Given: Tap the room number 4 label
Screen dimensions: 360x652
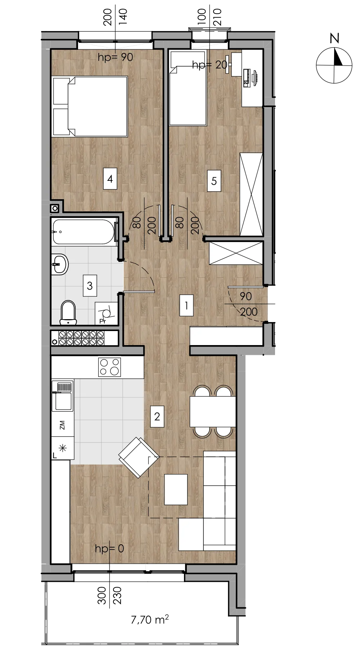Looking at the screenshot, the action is point(110,179).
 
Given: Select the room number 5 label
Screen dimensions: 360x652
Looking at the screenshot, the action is point(214,181).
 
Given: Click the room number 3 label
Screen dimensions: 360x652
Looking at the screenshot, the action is point(90,286).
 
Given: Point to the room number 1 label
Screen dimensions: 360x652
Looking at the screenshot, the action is point(186,305).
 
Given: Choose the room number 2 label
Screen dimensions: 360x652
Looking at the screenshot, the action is point(157,416).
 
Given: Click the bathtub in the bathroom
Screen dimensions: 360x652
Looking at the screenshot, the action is point(85,232).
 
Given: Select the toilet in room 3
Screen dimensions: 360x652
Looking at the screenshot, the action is point(68,312).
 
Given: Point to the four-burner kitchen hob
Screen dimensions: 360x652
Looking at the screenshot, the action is point(109,367).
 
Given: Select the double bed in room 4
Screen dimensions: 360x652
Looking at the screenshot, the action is point(90,106).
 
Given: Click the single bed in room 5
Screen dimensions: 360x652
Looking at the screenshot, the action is point(188,88).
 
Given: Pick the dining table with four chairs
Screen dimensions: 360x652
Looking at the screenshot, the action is point(213,411).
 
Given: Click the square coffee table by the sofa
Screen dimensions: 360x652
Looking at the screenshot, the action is point(176,489).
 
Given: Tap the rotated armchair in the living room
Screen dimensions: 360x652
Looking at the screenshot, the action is point(139,457).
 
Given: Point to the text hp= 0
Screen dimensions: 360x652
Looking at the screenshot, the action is point(109,548).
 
